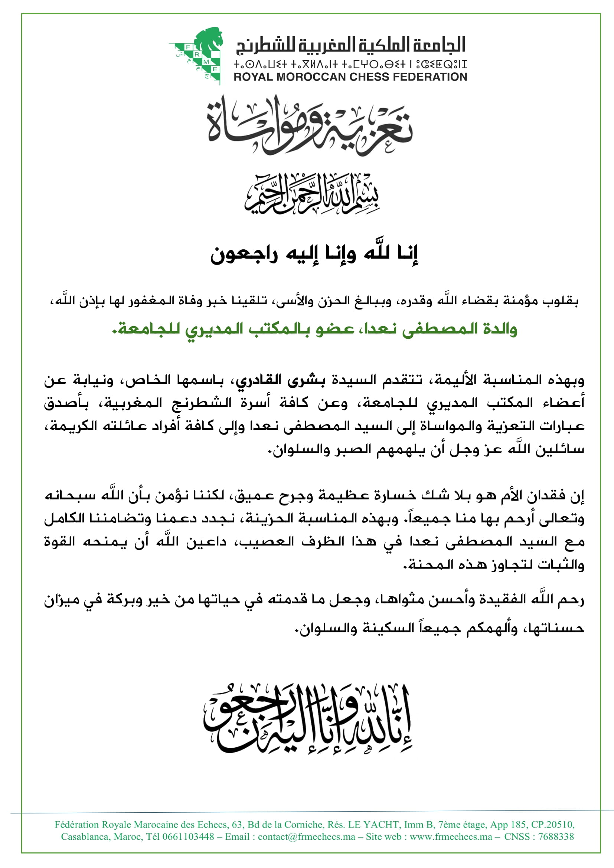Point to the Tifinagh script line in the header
350,64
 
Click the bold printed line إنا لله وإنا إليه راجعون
314,254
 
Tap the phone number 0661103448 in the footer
188,836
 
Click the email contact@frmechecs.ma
306,836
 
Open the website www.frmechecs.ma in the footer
451,836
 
